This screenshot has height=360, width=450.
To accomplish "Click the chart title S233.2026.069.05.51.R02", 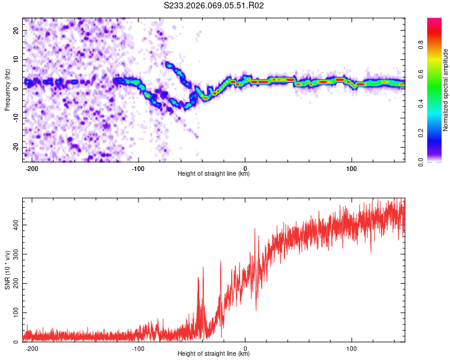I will click(214, 5).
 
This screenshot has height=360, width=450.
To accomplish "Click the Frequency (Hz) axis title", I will click(8, 90).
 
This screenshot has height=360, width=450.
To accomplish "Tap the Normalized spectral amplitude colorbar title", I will click(446, 90).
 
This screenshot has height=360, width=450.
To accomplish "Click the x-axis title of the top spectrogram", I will click(214, 174).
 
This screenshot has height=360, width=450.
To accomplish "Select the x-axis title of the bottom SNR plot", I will click(214, 354).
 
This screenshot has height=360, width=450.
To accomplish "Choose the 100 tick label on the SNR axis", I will click(15, 313).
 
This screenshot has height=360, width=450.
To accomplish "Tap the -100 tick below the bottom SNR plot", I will click(138, 348).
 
